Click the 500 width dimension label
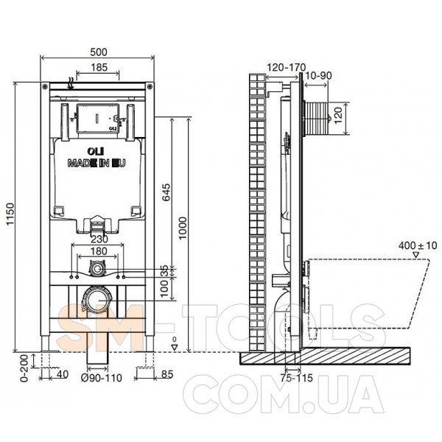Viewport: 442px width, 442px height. pos(99,52)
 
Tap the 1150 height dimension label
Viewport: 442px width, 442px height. pos(10,214)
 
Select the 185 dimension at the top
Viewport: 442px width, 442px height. pos(99,67)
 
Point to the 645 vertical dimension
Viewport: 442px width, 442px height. pos(167,192)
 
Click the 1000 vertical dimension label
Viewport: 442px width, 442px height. pos(183,228)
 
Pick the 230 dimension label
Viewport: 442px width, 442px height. pos(99,239)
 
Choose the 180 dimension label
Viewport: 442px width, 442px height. pos(99,251)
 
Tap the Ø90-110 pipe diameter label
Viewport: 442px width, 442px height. pos(102,378)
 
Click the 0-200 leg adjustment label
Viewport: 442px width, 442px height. pos(24,368)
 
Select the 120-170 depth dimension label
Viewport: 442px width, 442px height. pos(286,67)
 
